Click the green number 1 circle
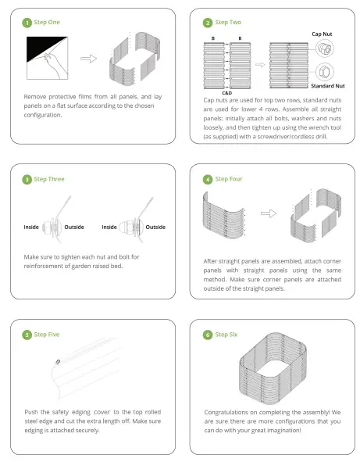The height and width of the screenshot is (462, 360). (27, 23)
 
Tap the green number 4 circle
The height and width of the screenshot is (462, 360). (208, 180)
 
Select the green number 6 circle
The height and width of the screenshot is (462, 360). (208, 335)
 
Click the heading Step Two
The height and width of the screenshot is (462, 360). (228, 22)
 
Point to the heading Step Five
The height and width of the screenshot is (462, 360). (47, 335)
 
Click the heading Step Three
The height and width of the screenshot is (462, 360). (49, 179)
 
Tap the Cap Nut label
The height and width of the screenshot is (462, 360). (322, 34)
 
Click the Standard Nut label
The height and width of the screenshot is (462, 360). (328, 86)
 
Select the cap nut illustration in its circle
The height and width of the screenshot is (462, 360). (325, 48)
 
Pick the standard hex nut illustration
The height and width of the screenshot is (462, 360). (325, 72)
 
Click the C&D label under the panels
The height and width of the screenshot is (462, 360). (227, 93)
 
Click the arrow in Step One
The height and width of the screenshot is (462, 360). (88, 59)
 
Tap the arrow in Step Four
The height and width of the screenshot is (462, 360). (269, 213)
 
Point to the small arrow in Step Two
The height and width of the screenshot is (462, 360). (260, 65)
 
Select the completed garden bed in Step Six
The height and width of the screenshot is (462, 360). (273, 368)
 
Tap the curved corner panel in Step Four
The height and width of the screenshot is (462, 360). (223, 215)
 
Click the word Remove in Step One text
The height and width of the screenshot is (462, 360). (34, 97)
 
